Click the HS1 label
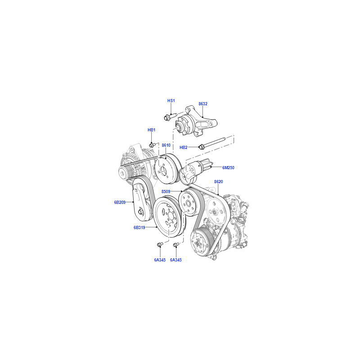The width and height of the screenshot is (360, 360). coord(171,100)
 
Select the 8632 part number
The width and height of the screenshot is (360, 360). coord(203,104)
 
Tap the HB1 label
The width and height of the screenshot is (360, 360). coord(152,130)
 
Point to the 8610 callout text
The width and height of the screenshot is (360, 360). coord(166,145)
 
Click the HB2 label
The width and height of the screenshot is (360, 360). coord(184,148)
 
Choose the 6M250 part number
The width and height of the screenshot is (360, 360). coord(228,168)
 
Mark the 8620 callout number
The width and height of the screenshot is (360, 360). coord(219,182)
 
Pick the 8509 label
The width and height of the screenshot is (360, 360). coord(166,192)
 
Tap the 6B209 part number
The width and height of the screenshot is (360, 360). coord(120,202)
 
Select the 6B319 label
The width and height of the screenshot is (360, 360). coord(139,228)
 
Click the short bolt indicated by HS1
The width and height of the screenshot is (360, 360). coord(170,117)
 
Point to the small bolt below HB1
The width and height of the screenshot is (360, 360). coord(153,145)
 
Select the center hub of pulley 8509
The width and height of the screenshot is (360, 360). coord(188,203)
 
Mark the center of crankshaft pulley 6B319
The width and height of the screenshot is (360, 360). coord(170,216)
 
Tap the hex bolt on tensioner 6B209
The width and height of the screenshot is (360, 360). coord(140,211)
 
